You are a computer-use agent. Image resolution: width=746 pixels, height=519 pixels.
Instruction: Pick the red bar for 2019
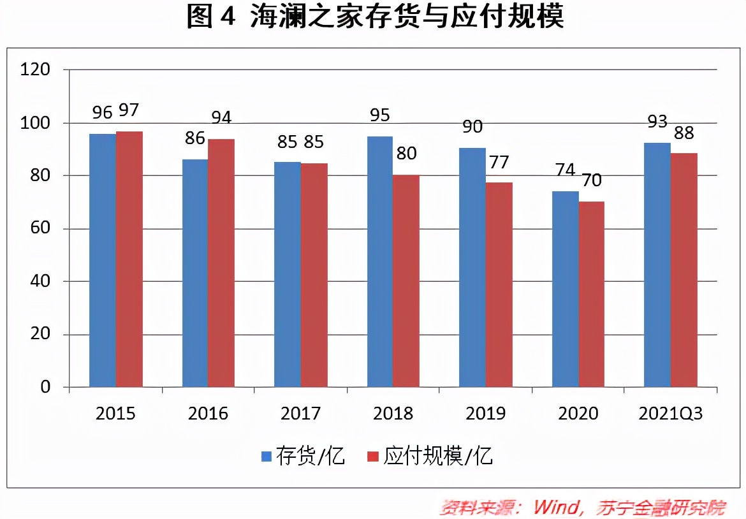[499, 284]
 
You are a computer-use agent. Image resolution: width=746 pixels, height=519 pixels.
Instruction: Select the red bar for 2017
[314, 275]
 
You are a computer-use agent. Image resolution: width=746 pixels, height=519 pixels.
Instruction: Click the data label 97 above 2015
[129, 111]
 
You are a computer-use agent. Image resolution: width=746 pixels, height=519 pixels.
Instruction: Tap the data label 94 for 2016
[221, 118]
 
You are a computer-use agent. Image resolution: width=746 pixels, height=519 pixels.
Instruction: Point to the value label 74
[565, 171]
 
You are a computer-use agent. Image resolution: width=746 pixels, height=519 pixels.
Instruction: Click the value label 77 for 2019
[499, 162]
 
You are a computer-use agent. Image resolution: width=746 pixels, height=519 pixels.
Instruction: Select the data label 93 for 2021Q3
[657, 121]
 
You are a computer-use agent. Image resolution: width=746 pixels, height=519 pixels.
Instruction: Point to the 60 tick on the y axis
[40, 228]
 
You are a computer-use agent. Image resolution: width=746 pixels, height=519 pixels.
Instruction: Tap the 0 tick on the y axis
[45, 387]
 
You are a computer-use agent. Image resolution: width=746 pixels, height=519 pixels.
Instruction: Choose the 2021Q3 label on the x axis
[670, 414]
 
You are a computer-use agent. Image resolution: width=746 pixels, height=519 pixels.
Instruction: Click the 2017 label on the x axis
[300, 414]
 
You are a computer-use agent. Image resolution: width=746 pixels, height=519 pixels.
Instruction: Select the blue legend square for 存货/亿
[267, 457]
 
